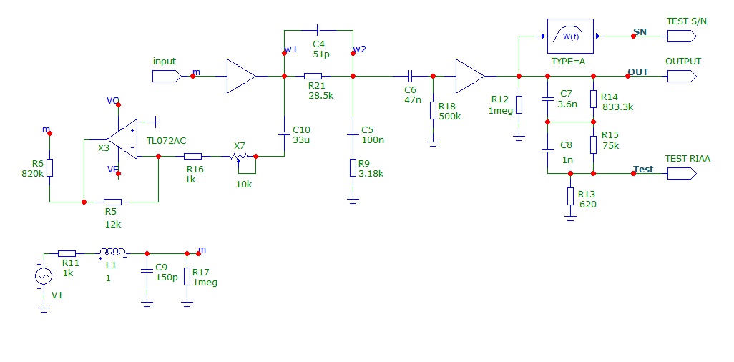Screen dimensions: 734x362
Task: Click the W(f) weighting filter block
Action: click(x=570, y=36)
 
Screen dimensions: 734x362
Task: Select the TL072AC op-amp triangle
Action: click(x=122, y=139)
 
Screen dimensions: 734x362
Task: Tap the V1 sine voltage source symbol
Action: click(x=44, y=276)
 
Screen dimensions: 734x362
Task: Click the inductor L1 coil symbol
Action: click(x=113, y=253)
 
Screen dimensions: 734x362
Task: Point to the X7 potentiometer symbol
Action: click(x=238, y=157)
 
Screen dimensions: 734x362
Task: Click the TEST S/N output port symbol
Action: click(x=682, y=36)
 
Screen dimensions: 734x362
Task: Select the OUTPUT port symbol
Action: click(x=682, y=76)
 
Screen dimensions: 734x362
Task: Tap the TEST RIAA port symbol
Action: click(x=682, y=173)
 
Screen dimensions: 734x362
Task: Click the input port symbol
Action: click(x=167, y=76)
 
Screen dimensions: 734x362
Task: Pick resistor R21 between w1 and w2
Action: click(x=313, y=76)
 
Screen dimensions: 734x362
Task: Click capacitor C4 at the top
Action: click(x=318, y=31)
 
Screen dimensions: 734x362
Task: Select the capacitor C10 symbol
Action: click(x=284, y=133)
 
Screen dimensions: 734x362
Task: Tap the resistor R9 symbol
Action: click(x=353, y=167)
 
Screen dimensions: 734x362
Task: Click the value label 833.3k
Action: click(x=618, y=107)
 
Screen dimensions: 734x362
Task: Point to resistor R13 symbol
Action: click(x=570, y=196)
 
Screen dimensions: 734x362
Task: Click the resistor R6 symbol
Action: click(x=49, y=167)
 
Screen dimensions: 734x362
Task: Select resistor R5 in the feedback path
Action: click(x=112, y=202)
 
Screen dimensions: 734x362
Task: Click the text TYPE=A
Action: click(x=568, y=62)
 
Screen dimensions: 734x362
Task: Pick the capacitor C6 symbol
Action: click(x=409, y=76)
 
